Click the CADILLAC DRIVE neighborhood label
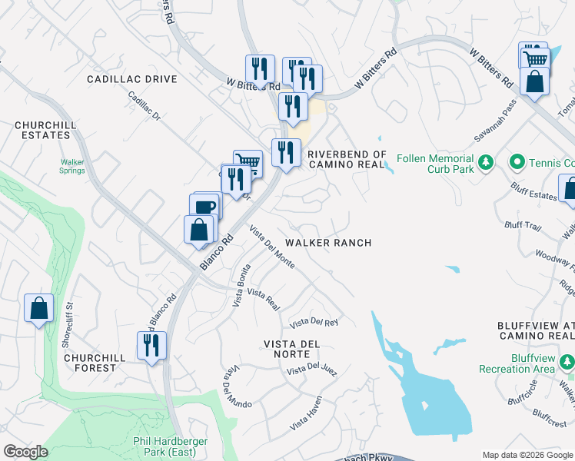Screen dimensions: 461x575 pos(131,79)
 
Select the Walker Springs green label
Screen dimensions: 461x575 pos(73,167)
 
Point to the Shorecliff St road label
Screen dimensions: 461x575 pos(67,326)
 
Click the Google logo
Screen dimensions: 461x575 pos(26,452)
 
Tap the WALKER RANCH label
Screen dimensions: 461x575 pos(328,243)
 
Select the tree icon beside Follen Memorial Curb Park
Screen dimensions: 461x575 pos(485,162)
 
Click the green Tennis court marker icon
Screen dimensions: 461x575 pos(517,162)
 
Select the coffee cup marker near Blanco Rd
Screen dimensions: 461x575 pos(205,207)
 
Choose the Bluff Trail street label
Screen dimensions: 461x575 pos(523,225)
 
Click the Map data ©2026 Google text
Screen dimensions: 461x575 pos(527,455)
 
